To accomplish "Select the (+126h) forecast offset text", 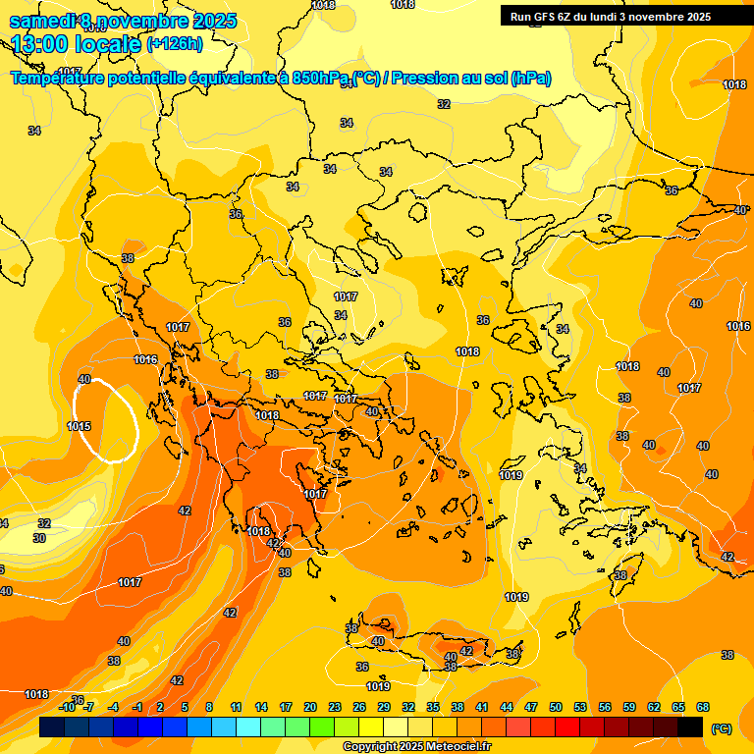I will point(175,44).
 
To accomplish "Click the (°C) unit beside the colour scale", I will point(722,728).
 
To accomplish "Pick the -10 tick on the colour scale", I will point(67,708).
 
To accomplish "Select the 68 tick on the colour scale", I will point(703,708).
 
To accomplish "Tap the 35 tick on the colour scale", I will point(433,708).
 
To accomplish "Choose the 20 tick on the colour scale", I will point(310,708).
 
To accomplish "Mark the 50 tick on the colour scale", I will point(556,708).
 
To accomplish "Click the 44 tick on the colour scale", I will point(507,708).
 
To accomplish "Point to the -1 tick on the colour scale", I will point(137,708).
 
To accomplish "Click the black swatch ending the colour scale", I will point(690,727).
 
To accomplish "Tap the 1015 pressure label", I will point(80,426).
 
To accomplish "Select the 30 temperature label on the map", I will point(39,538).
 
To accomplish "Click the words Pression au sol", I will point(448,79).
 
